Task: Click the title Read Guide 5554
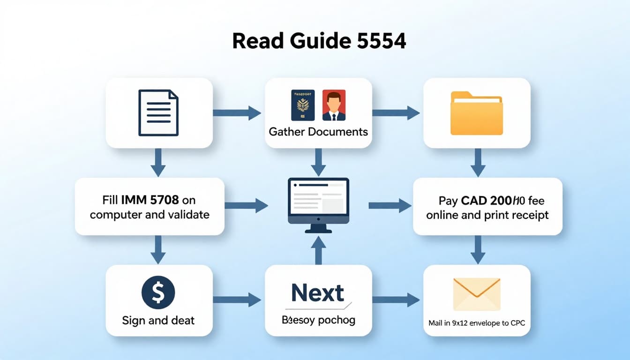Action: coord(319,41)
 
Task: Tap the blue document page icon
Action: coord(158,113)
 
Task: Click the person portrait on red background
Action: coord(334,105)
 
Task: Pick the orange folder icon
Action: coord(476,113)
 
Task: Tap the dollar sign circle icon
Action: coord(158,292)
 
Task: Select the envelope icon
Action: coord(477,294)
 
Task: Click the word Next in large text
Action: coord(318,293)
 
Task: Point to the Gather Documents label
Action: coord(318,131)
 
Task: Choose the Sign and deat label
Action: coord(158,321)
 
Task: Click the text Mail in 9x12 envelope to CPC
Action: coord(477,323)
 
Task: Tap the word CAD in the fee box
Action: coord(474,201)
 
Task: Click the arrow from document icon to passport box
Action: coord(237,112)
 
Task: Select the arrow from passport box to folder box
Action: coord(396,112)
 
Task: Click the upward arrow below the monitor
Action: coord(318,250)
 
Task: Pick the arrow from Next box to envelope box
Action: coord(396,300)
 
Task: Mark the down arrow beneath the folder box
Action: coord(477,162)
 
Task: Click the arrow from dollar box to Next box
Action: coord(237,300)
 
